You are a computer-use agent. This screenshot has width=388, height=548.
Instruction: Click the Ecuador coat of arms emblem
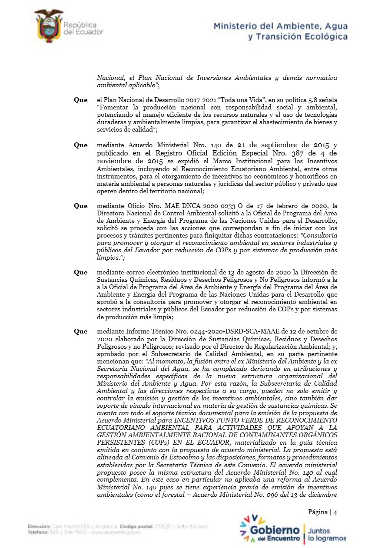point(49,26)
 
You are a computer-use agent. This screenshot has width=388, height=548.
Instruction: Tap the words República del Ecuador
point(83,29)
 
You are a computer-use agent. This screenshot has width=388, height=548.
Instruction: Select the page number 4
point(335,512)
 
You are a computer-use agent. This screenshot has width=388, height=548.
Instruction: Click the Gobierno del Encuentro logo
point(270,529)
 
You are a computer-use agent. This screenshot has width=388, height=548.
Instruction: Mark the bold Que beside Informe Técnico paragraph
point(80,331)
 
